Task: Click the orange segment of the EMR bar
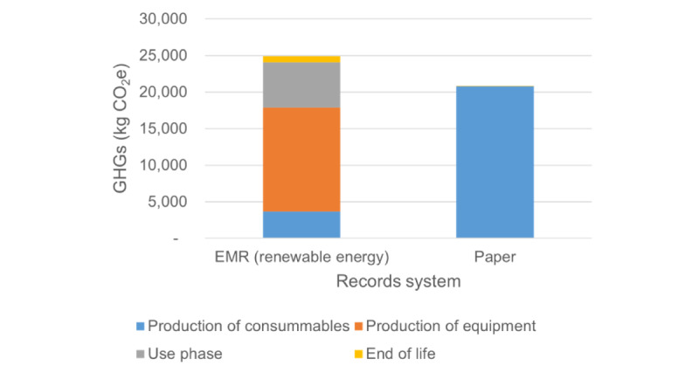tap(301, 160)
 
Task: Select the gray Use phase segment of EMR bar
tap(301, 85)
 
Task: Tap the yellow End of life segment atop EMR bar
tap(301, 59)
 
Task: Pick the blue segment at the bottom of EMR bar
tap(301, 224)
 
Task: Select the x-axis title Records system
tap(398, 282)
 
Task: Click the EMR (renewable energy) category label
tap(301, 259)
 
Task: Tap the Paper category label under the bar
tap(495, 259)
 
